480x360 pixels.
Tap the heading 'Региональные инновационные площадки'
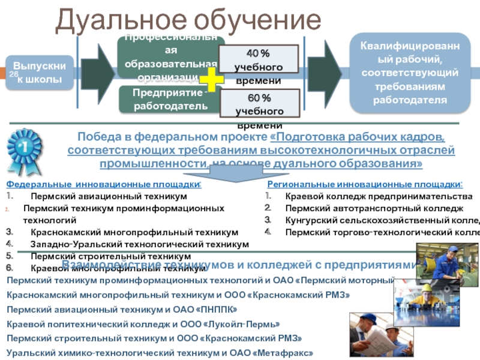point(365,185)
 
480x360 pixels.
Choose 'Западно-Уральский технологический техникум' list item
point(139,244)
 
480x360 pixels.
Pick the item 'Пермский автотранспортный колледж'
point(374,208)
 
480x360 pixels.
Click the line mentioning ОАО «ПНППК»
point(121,310)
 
